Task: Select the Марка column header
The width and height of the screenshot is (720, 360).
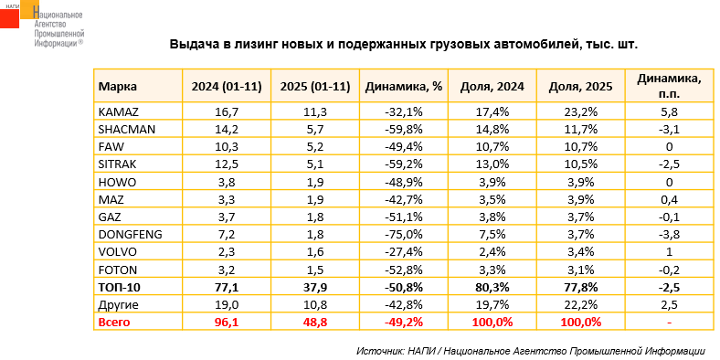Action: coord(118,86)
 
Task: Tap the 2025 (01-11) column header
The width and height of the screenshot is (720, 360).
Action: coord(315,86)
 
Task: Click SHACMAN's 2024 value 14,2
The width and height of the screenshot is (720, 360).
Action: coord(227,129)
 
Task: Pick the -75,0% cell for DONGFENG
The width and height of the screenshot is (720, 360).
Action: coord(405,235)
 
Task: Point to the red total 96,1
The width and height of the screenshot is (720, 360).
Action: coord(227,323)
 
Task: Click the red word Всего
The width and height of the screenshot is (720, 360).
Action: coord(114,323)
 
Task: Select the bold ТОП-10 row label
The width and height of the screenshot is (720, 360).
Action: coord(120,288)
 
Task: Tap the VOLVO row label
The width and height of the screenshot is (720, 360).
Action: coord(115,252)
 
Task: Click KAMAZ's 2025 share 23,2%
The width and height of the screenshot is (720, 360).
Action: coord(580,111)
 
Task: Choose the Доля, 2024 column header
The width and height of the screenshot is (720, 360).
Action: coord(492,86)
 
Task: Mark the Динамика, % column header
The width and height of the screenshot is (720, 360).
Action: coord(404,86)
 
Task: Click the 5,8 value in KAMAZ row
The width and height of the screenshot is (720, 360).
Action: coord(669,111)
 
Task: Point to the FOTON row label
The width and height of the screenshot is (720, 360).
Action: coord(118,270)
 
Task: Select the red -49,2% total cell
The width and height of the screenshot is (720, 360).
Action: coord(405,323)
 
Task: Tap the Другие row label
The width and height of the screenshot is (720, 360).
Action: coord(119,305)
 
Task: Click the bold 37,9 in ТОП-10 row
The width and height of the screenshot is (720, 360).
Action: coord(315,288)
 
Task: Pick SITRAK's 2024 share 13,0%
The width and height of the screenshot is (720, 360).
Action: coord(492,164)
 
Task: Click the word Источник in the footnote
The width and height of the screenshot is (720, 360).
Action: coord(379,351)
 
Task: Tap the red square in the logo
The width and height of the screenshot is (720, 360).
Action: coord(10,18)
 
